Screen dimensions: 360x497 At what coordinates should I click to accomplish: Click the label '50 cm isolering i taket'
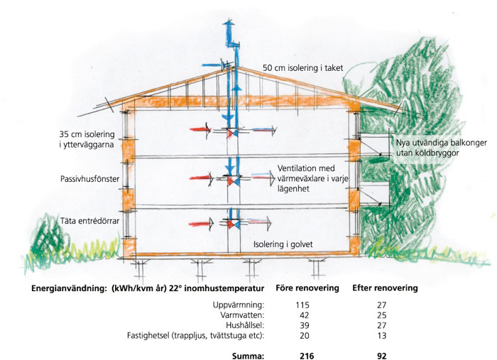[303, 68]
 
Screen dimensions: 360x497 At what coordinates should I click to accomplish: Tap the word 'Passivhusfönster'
[84, 181]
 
